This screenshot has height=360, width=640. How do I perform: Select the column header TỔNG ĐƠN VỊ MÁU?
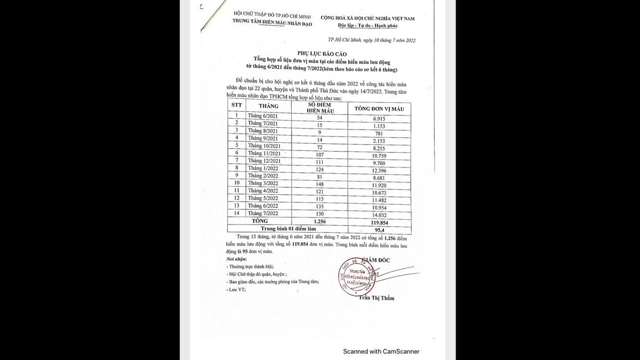coord(375,109)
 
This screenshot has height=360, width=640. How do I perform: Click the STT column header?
coord(236,105)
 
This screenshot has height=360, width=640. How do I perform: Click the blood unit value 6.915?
coord(379,118)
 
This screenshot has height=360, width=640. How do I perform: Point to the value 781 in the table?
coord(379,133)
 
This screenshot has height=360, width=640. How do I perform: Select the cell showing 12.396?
coord(379,170)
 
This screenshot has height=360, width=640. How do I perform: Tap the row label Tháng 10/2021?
coord(265,146)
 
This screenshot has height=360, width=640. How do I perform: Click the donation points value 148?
coord(320,184)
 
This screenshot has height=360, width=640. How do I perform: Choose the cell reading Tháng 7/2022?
coord(263,213)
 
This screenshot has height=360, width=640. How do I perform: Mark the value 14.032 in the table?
coord(379,215)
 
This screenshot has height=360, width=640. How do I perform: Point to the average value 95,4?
coord(380,229)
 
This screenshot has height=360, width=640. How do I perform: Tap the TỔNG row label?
coord(260,220)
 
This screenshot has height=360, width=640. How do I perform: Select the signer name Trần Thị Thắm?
coord(377,298)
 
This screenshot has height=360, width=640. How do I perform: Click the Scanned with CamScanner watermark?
coord(381,351)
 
